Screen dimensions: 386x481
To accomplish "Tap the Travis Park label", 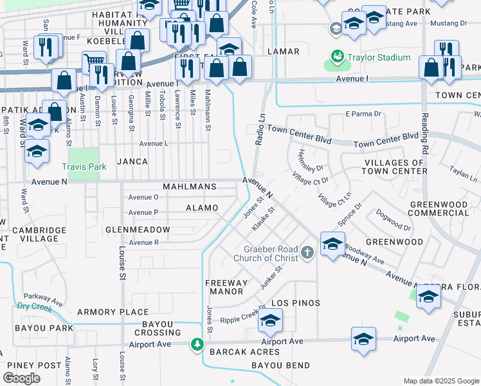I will click(83, 166).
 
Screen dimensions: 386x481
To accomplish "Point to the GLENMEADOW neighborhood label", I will click(138, 230).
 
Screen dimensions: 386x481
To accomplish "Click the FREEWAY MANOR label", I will click(226, 287).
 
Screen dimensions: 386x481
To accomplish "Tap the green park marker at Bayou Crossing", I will click(197, 345).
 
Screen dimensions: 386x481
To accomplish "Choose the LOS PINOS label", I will click(296, 302).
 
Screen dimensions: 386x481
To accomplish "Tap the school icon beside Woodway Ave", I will click(332, 246).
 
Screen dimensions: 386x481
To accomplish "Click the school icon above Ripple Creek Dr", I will click(271, 320).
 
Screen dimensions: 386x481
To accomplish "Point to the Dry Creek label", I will click(32, 308).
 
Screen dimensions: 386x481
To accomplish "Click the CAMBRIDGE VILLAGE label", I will click(39, 235).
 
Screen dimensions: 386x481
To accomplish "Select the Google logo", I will click(22, 378).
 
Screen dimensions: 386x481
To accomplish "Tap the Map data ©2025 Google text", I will click(441, 381).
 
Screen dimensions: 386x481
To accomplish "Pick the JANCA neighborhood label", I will click(132, 161).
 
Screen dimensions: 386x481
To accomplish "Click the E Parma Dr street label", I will click(363, 114).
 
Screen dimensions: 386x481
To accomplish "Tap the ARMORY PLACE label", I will click(104, 312).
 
